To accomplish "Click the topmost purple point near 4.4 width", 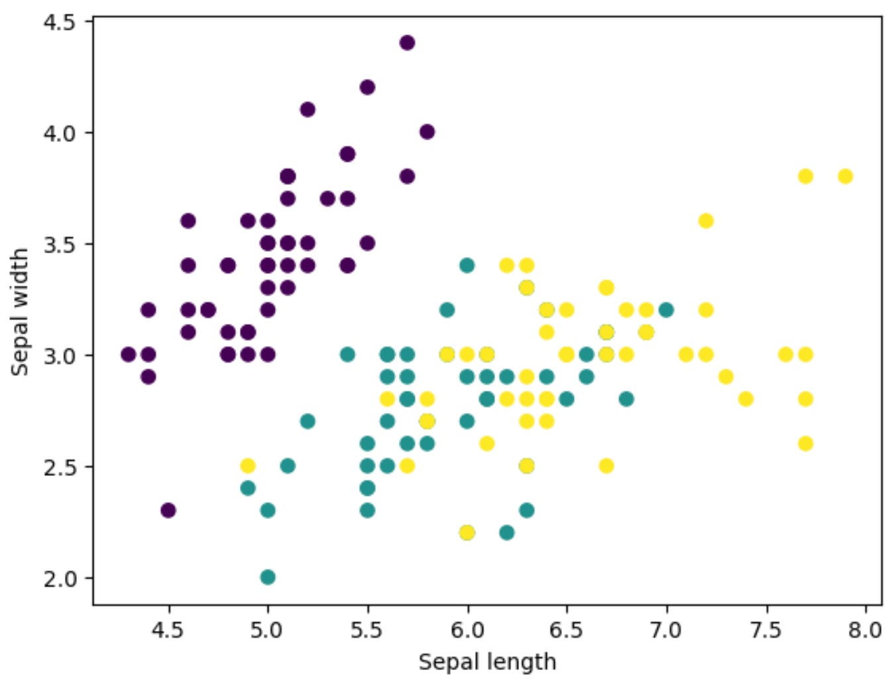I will point(407,43).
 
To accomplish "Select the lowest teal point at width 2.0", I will point(268,577).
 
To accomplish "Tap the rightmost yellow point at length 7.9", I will point(845,176).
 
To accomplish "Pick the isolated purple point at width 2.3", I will point(168,510).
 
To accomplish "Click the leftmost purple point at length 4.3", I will point(129,355).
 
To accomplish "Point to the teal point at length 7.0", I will point(666,310).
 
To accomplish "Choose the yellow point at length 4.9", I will point(248,465).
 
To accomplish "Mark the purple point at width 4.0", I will point(427,132).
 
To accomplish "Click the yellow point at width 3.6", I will point(706,221).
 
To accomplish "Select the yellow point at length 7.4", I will point(746,399).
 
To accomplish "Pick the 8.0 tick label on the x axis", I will point(865,629).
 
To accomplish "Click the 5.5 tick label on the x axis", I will point(367,629).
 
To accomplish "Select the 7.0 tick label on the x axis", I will point(666,629).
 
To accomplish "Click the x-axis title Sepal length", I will point(487,662).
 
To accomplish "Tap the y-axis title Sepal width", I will point(21,312).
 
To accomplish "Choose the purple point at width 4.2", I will point(367,87).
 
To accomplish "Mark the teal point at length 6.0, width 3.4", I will point(467,266).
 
